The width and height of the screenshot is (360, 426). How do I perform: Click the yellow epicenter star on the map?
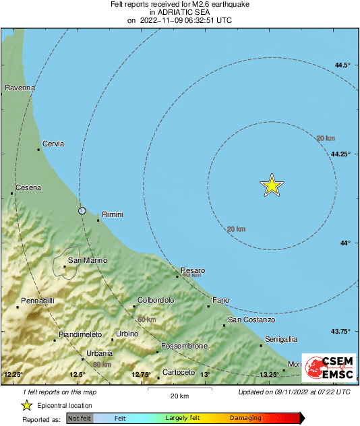click(271, 185)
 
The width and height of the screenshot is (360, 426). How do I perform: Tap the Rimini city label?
click(112, 214)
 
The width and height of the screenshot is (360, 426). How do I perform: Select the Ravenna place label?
click(20, 88)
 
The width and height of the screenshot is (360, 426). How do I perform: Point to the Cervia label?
click(53, 144)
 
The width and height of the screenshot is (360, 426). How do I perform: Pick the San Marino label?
click(88, 260)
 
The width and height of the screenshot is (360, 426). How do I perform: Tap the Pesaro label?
click(193, 270)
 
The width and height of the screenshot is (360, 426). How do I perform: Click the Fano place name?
click(221, 300)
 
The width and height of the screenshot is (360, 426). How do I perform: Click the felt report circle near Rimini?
click(82, 211)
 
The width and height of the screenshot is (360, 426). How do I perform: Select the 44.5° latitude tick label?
click(343, 65)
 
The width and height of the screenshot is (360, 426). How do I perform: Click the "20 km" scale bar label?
click(179, 395)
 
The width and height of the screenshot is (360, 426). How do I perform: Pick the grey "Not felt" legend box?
click(79, 419)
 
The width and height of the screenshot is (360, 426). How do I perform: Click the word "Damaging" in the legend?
click(245, 419)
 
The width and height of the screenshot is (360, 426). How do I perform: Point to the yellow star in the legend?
click(27, 405)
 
